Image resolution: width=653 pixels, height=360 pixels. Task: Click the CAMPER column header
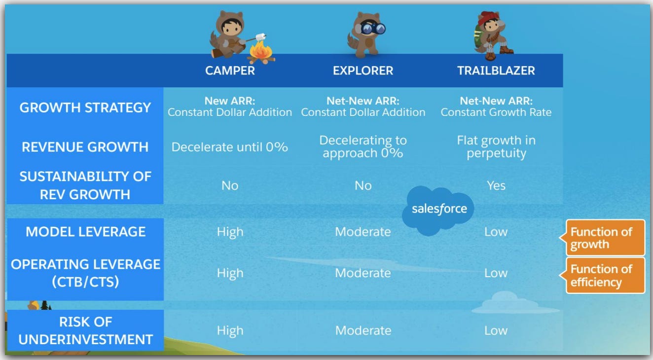coord(230,71)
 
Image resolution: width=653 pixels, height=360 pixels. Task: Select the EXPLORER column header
coord(363,71)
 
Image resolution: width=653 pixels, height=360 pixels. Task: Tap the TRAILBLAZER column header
coord(496,71)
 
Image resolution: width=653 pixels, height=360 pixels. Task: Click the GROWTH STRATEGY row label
coord(85,108)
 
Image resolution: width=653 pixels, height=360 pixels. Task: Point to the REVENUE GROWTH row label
coord(85,147)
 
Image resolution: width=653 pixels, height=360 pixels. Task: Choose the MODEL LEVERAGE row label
coord(85,232)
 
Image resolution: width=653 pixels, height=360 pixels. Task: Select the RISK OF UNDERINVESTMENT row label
coord(85,330)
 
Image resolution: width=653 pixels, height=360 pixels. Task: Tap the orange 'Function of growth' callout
coord(605,238)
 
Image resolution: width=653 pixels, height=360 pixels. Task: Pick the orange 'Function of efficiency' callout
coord(605,275)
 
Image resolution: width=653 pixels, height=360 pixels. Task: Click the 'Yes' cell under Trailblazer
coord(496,185)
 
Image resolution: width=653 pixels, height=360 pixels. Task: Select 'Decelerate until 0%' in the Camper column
coord(230,147)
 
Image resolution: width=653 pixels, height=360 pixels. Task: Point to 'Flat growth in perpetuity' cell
coord(496,146)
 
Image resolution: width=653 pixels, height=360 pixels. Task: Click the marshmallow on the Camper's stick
coord(261,36)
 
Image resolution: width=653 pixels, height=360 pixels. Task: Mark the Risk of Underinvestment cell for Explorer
coord(363,330)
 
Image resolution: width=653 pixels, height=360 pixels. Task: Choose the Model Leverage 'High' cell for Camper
coord(230,232)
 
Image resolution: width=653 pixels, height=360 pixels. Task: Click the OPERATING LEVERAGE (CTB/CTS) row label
coord(85,273)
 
